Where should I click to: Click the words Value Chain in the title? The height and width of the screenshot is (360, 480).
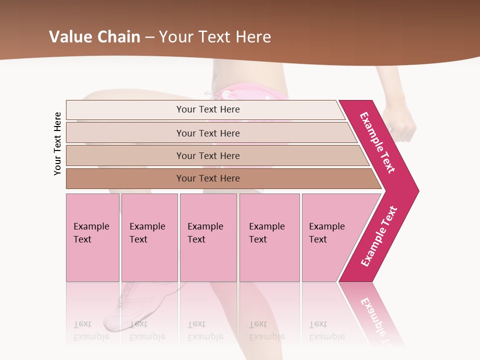point(94,37)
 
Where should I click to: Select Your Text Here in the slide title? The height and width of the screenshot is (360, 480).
point(215,37)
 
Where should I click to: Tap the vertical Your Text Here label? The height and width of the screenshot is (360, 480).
point(57,143)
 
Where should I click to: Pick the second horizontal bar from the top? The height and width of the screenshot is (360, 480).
point(207,133)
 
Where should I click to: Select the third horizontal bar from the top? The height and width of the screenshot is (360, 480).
point(207,155)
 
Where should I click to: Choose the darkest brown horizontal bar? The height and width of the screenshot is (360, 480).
point(207,178)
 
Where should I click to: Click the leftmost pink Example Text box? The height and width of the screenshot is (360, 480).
point(92,237)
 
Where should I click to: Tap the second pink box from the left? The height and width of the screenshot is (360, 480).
point(149,237)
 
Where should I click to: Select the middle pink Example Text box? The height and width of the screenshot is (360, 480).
point(208,237)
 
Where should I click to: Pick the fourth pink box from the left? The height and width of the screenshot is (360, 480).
point(269,237)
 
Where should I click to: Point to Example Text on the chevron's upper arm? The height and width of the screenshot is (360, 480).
point(377,142)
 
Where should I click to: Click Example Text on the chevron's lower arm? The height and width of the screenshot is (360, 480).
point(378,236)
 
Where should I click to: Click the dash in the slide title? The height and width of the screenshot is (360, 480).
point(149,37)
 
